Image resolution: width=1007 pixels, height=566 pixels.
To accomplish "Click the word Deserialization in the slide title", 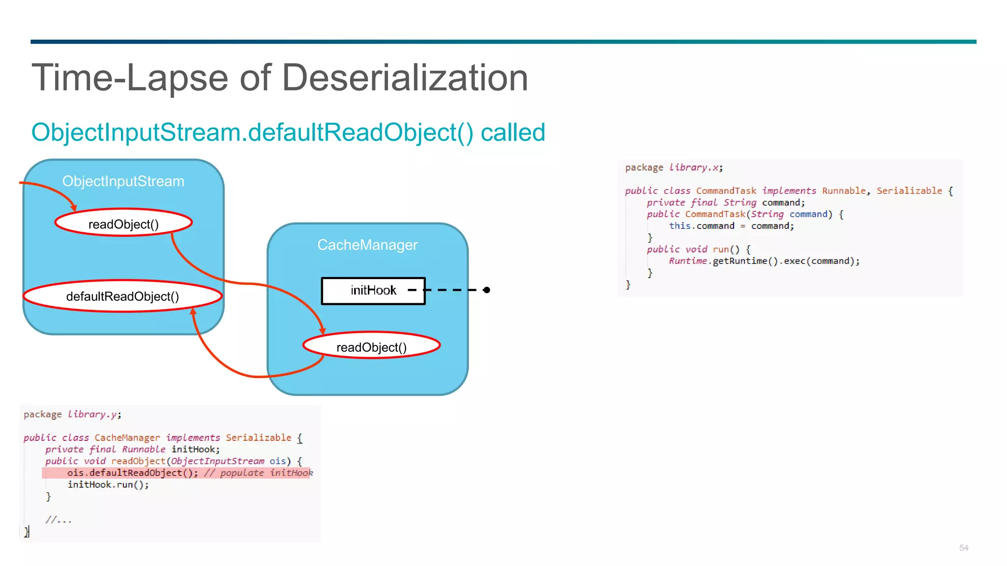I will click(405, 78).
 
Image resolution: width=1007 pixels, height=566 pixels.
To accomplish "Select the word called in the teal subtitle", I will click(513, 132).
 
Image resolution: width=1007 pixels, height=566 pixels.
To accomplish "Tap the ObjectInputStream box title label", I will click(123, 181).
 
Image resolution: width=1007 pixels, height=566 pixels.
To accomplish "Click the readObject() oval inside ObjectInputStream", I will click(123, 224).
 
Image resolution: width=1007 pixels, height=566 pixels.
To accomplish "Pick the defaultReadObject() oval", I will click(122, 296).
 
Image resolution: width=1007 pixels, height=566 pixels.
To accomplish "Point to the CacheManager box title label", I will click(367, 245).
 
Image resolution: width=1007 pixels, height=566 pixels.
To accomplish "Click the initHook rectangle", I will click(373, 290).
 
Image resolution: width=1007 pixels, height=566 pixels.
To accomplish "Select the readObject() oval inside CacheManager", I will click(371, 347).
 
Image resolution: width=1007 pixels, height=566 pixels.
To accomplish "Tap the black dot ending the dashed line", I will click(486, 290).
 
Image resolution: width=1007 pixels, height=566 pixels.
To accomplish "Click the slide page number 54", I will click(964, 548).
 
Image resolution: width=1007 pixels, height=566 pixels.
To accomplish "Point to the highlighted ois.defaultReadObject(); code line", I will click(133, 473).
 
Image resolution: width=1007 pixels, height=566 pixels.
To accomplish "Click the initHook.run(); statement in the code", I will click(108, 484).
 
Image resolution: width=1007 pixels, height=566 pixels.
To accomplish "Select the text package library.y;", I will click(72, 414).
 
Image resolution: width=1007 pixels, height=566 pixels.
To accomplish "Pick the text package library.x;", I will click(674, 168).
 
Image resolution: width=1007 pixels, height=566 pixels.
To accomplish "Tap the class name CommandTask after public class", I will click(726, 191).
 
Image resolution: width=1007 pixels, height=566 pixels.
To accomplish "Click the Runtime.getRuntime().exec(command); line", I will click(764, 261).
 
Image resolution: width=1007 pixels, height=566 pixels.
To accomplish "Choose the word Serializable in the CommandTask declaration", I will click(909, 191).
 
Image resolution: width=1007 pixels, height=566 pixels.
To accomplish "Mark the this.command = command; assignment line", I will click(731, 226).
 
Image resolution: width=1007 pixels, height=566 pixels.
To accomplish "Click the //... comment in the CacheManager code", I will click(59, 520).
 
